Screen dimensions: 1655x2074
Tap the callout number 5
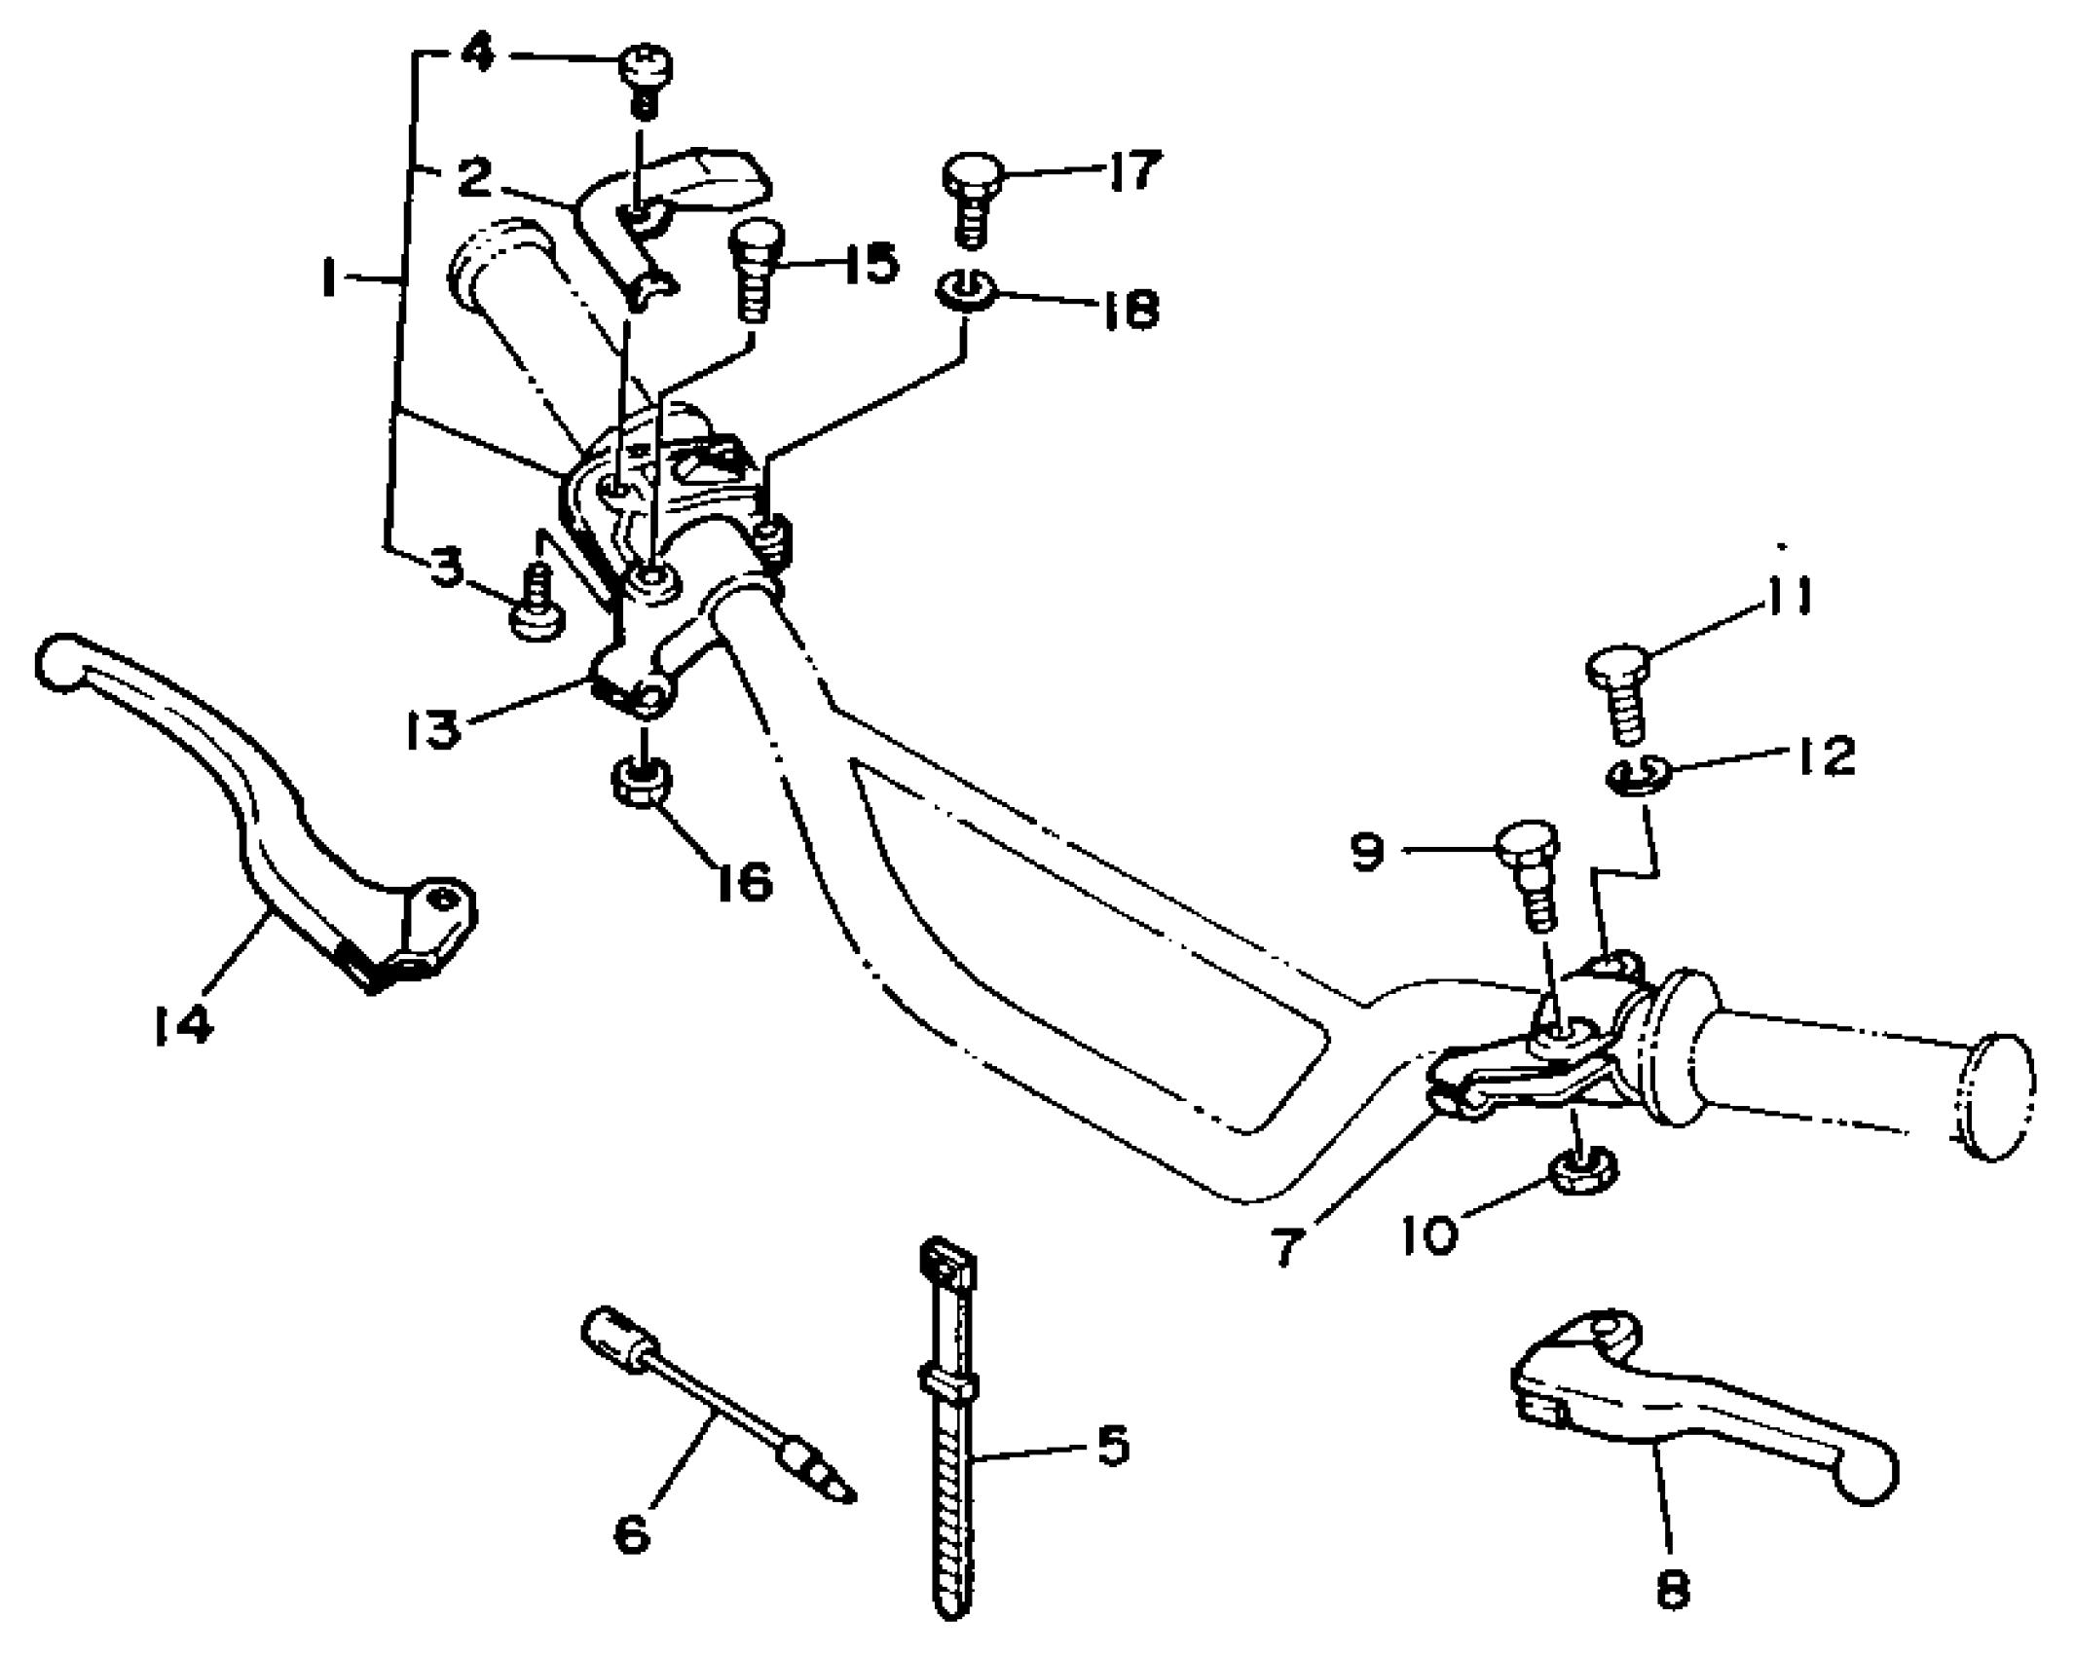point(1113,1445)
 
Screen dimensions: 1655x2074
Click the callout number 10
point(1430,1234)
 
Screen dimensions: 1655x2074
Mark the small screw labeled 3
point(536,608)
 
